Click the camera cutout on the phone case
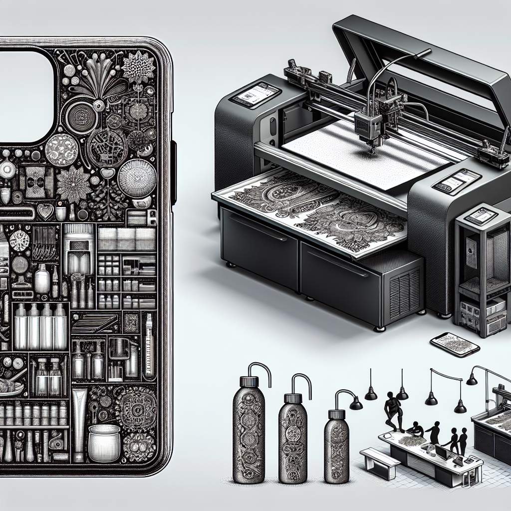pyautogui.click(x=25, y=95)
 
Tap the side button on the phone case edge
pyautogui.click(x=173, y=172)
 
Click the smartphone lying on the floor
pyautogui.click(x=455, y=344)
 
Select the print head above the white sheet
pyautogui.click(x=370, y=125)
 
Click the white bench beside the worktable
pyautogui.click(x=380, y=462)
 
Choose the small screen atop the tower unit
pyautogui.click(x=481, y=216)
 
